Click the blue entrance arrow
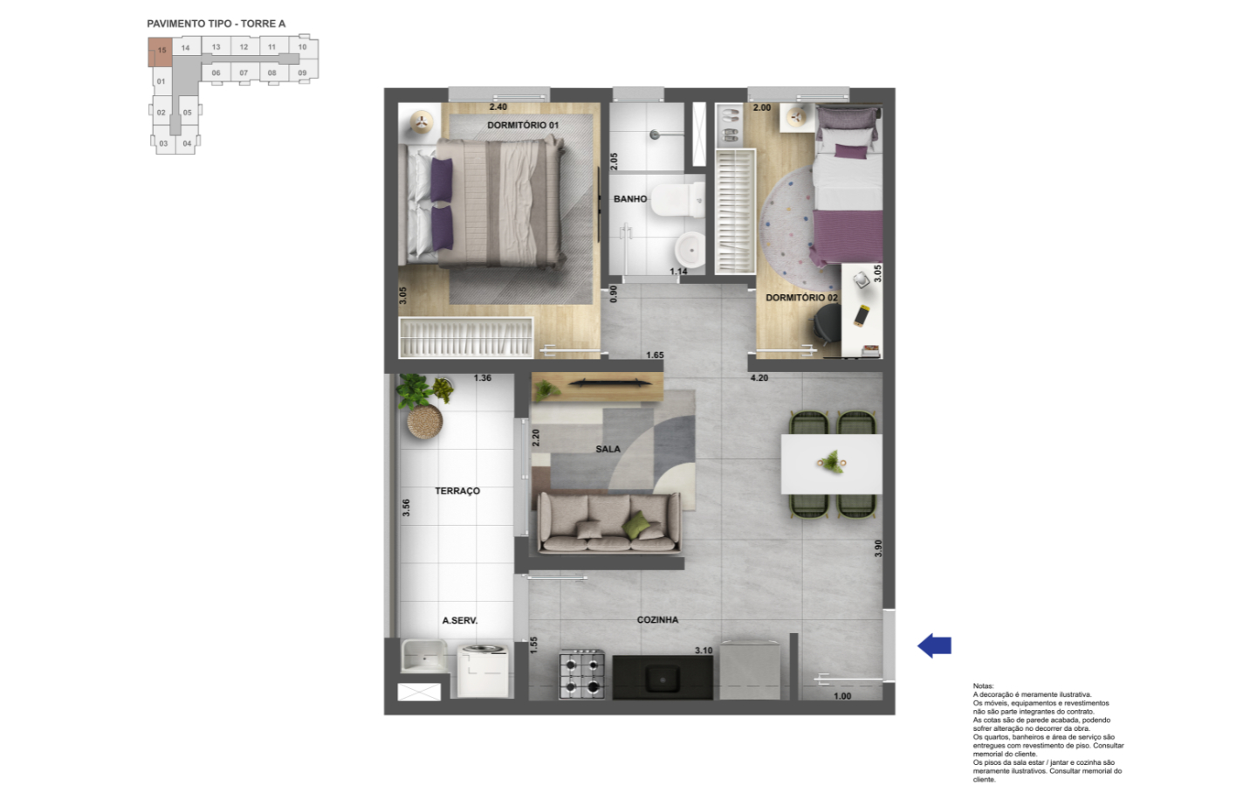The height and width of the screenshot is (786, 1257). tap(934, 645)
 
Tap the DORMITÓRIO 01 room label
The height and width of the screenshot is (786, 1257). tap(522, 125)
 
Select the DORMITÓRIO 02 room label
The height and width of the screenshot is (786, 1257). tap(801, 298)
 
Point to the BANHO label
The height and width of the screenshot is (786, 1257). tap(629, 199)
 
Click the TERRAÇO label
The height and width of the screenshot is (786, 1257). tap(457, 491)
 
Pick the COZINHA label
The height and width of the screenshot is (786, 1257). tap(657, 620)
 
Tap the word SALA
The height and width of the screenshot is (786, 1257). tap(608, 449)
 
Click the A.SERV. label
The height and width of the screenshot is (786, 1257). tap(459, 621)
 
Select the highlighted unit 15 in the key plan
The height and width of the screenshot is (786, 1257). tap(160, 52)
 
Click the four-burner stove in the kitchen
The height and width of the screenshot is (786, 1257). tap(581, 675)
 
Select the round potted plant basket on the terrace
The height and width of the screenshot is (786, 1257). tap(424, 422)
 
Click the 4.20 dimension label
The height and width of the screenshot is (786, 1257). tap(759, 378)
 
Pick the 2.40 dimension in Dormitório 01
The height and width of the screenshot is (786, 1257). tap(498, 107)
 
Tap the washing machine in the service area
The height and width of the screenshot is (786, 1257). tap(484, 669)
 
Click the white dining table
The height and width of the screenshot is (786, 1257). tap(831, 463)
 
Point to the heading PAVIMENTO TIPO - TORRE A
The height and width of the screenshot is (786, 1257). tap(216, 24)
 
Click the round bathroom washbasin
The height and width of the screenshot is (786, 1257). tap(690, 250)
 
